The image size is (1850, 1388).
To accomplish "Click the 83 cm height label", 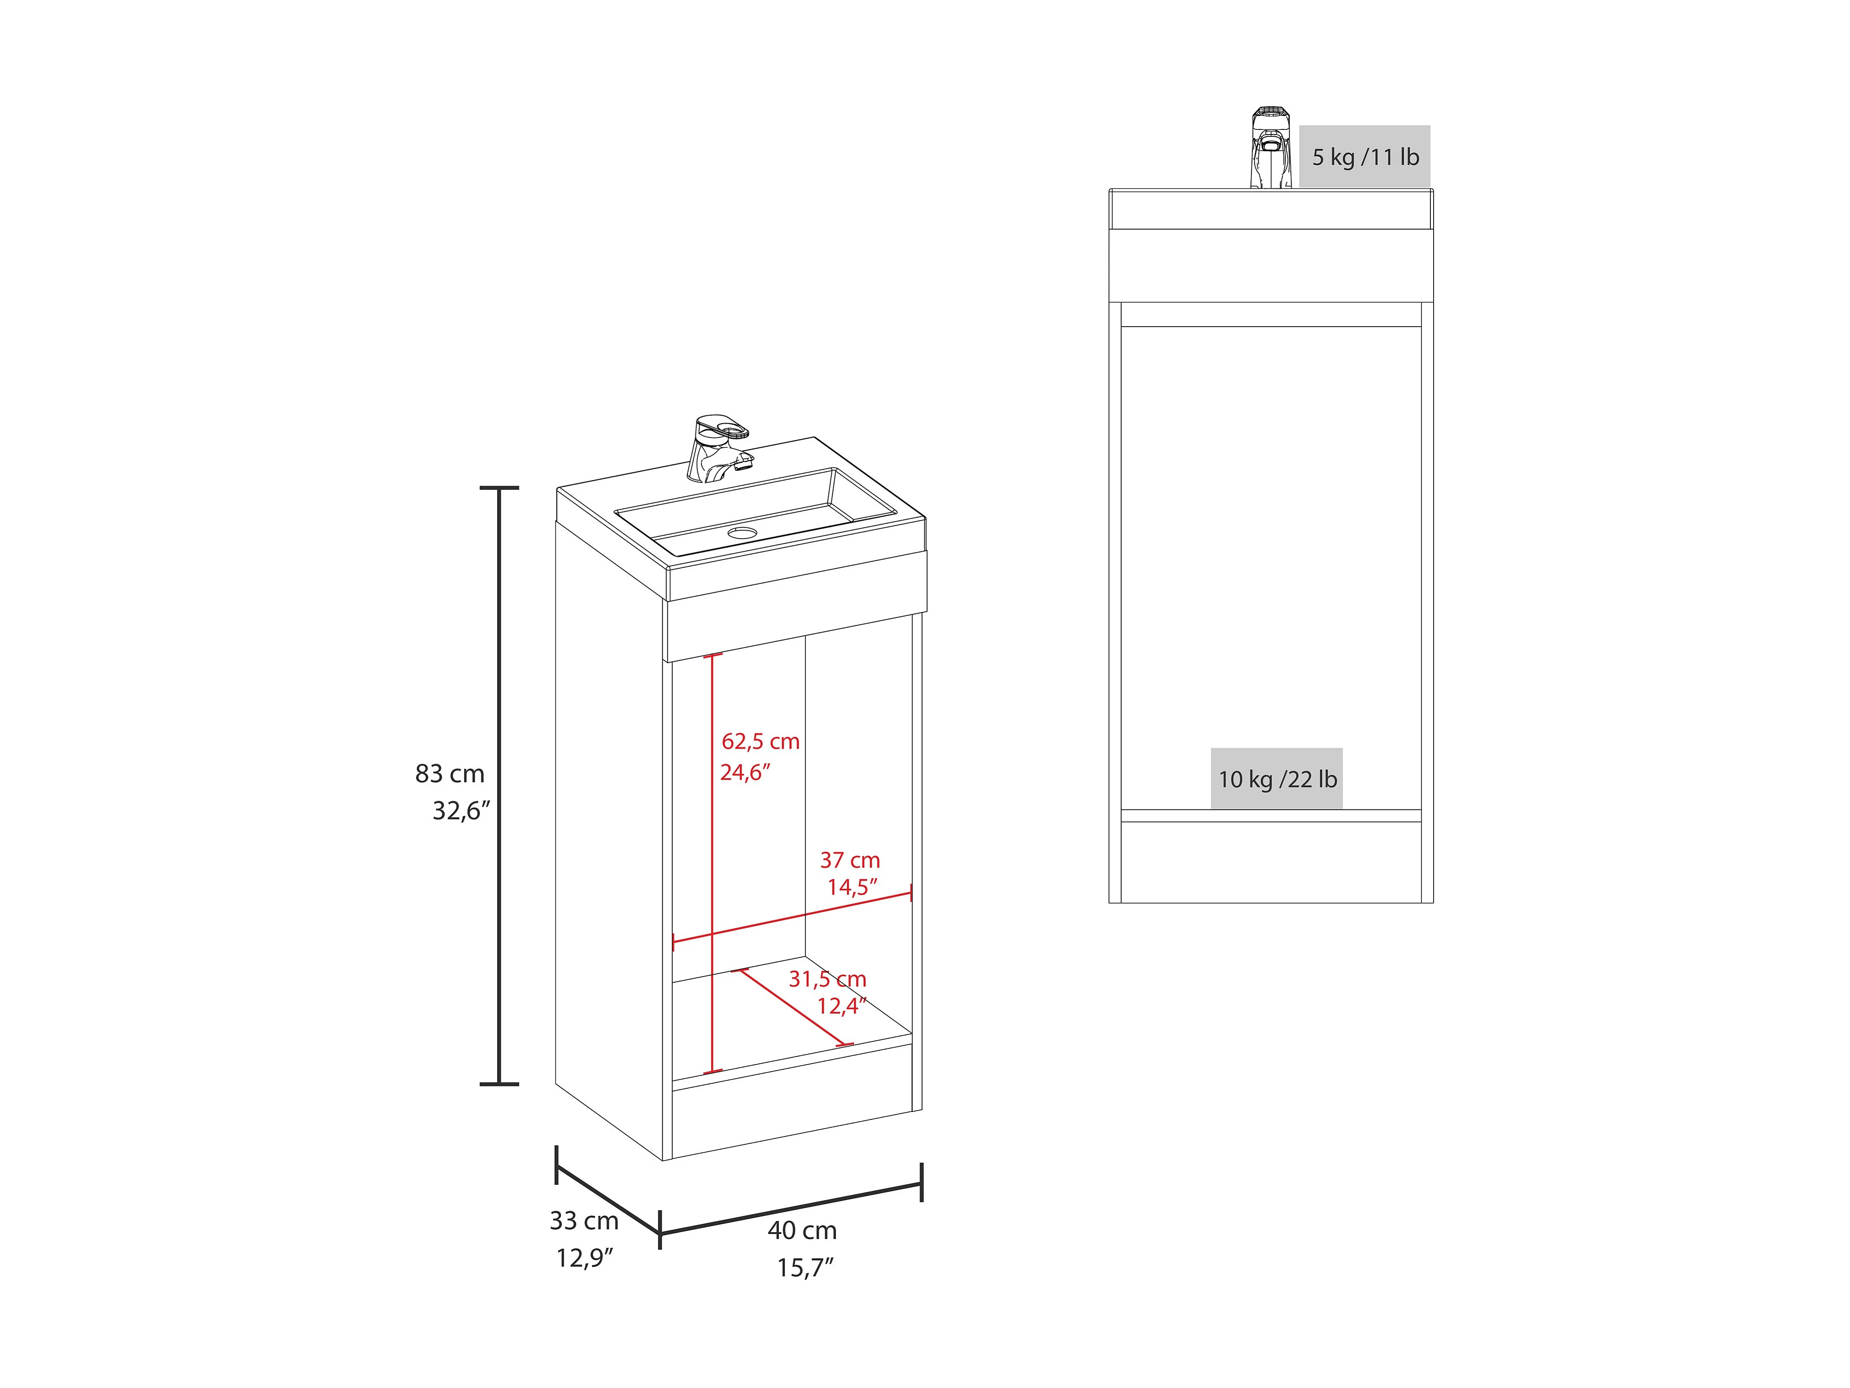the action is (x=450, y=774).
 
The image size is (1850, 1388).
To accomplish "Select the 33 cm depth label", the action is (x=584, y=1221).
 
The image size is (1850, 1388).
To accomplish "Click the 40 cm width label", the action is (x=802, y=1231).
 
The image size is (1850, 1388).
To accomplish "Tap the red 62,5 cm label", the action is (x=760, y=741).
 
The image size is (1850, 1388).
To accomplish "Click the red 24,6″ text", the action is (x=744, y=772).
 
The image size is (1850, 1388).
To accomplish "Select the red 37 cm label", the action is (x=850, y=860).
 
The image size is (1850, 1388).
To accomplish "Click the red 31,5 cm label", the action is (x=827, y=979).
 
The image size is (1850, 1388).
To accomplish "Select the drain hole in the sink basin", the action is (x=741, y=532).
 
